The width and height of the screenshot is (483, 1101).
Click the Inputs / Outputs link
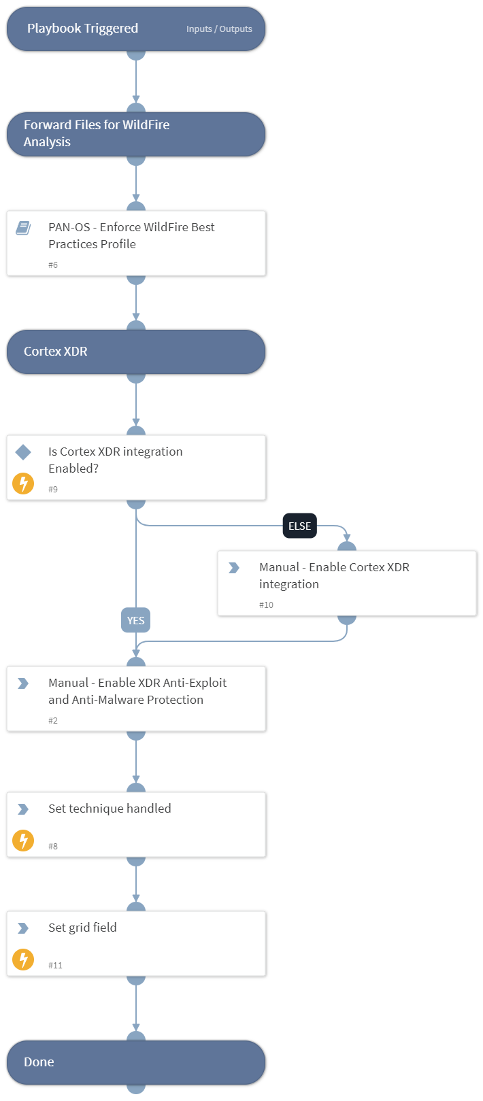(x=219, y=29)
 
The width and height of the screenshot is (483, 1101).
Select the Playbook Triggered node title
(x=82, y=29)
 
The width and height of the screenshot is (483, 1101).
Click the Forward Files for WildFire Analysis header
(x=97, y=133)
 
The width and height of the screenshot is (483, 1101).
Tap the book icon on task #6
(x=23, y=228)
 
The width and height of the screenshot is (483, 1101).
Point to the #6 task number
(x=53, y=265)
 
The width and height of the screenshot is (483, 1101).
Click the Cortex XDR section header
(x=56, y=352)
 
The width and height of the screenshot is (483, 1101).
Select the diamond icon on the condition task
(x=23, y=452)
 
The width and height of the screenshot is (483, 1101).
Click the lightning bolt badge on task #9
(x=23, y=484)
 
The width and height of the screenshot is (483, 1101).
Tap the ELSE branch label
(x=299, y=526)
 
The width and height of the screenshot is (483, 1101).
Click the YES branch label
(x=135, y=620)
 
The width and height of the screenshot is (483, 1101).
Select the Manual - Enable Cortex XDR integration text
(x=334, y=575)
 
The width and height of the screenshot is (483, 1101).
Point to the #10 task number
(x=266, y=605)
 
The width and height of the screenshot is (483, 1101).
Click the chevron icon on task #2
(x=23, y=683)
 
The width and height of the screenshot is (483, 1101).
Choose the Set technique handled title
(x=110, y=809)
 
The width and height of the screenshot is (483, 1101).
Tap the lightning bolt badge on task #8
(x=23, y=841)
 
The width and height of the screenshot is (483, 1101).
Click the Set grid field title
(x=82, y=928)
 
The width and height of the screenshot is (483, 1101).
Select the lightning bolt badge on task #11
(x=23, y=960)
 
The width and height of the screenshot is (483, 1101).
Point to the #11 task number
(x=55, y=965)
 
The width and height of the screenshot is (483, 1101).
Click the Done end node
(x=136, y=1062)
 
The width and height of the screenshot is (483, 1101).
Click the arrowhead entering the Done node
(x=136, y=1028)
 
